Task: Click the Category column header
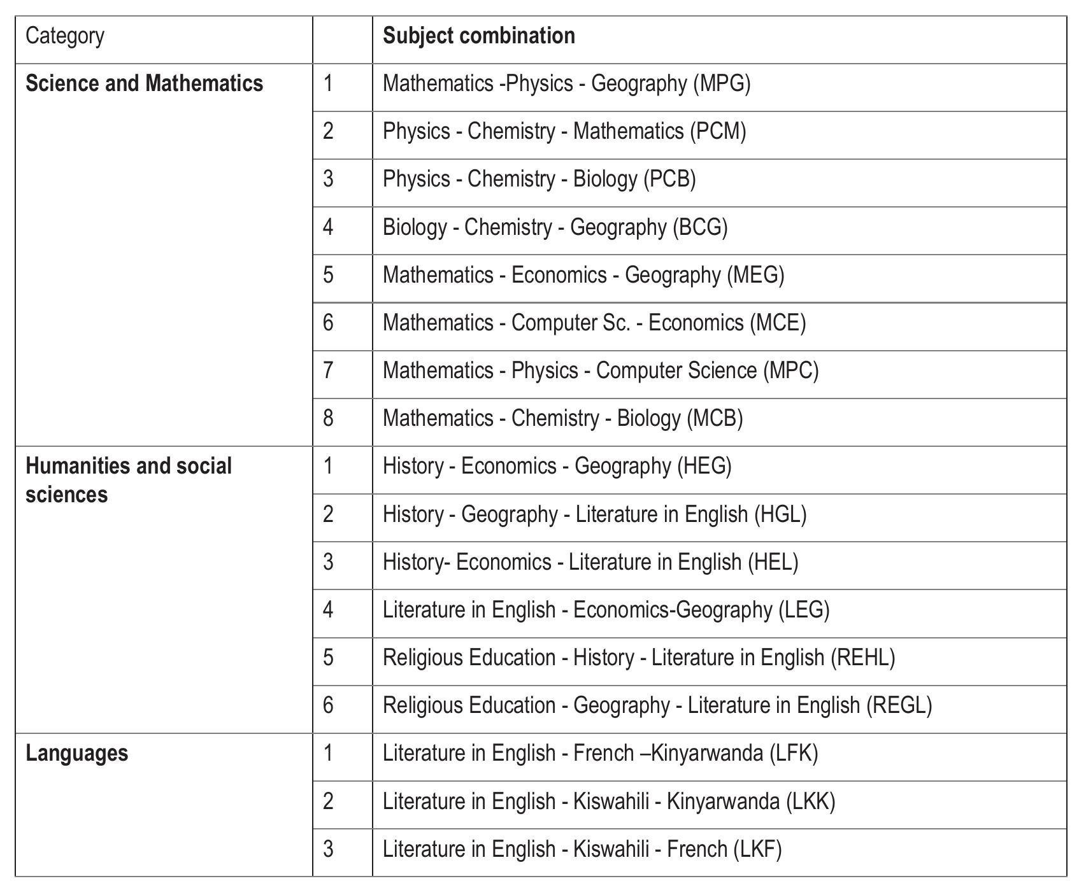click(64, 36)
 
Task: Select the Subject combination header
click(478, 36)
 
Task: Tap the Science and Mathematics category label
click(144, 83)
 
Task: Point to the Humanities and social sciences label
click(128, 480)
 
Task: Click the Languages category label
click(76, 753)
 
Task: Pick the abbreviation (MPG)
click(722, 83)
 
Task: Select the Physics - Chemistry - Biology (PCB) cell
click(539, 179)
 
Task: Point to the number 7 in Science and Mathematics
click(328, 370)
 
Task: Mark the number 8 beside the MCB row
click(328, 418)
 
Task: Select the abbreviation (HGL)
click(780, 514)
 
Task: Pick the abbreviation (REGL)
click(899, 705)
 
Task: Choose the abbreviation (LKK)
click(810, 801)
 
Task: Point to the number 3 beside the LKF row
click(328, 849)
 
